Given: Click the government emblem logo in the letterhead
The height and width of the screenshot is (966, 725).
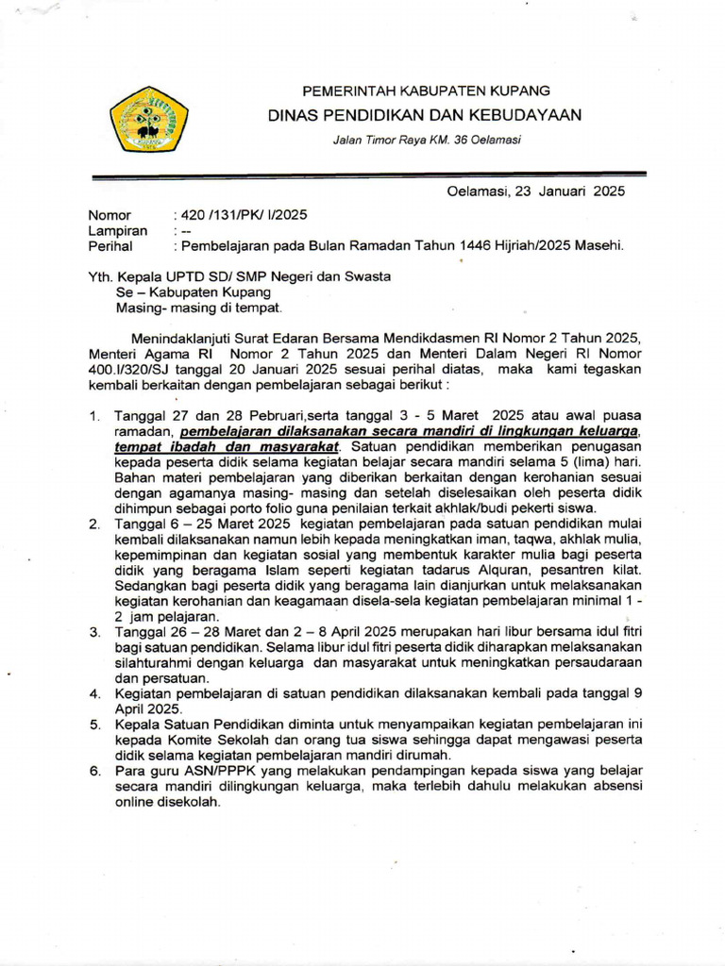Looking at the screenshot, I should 148,119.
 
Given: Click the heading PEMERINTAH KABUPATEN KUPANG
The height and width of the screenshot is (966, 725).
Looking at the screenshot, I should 425,91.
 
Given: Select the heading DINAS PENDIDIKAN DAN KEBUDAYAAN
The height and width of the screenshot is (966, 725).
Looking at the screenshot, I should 425,115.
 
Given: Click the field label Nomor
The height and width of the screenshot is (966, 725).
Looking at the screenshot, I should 110,215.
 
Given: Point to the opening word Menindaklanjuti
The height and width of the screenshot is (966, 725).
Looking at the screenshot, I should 182,338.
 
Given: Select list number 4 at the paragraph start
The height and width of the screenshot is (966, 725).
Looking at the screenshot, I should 94,693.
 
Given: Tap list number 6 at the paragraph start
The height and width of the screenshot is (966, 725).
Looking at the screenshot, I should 94,771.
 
